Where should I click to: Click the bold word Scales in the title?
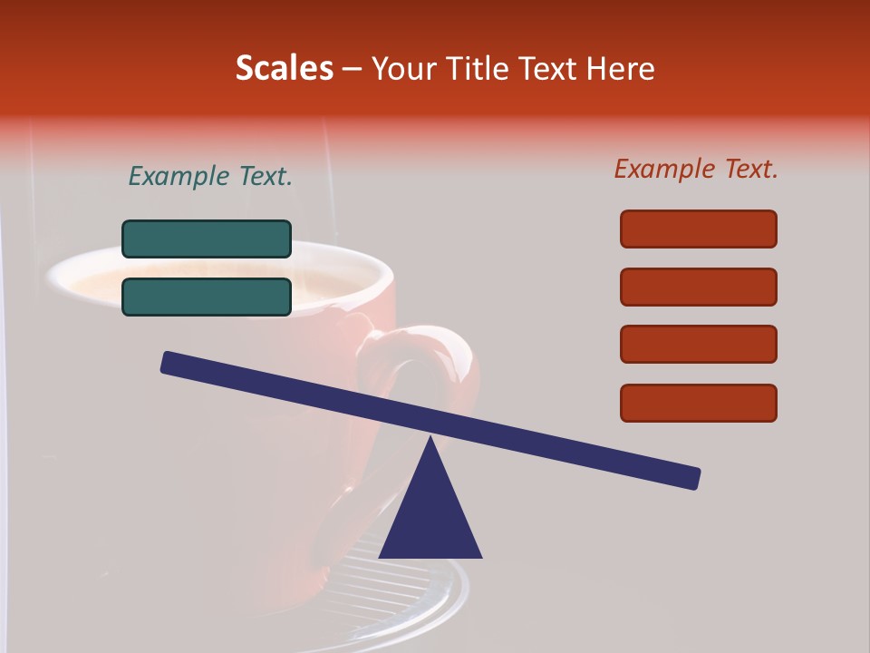pos(285,68)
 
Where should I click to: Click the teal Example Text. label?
pos(210,177)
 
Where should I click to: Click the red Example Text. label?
pos(696,169)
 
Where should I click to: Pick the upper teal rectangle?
pos(207,239)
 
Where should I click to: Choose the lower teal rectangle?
pos(207,297)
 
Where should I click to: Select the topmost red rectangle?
pos(698,229)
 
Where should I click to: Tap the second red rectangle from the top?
pos(698,287)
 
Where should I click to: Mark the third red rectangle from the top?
pos(698,345)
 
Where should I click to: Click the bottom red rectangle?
pos(698,403)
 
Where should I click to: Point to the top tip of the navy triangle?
pos(430,441)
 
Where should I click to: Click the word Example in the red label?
pos(664,169)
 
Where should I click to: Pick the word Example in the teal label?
pos(179,177)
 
